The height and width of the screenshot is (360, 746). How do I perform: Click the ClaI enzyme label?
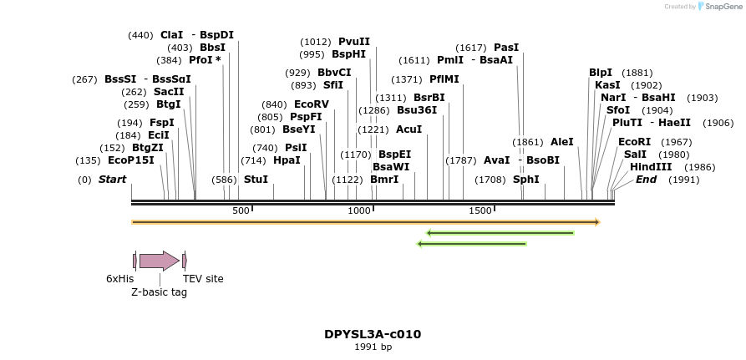[171, 34]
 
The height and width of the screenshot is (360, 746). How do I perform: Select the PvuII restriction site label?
[354, 42]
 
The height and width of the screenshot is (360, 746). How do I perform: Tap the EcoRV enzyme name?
[312, 104]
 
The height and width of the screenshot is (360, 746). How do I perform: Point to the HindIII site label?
[649, 167]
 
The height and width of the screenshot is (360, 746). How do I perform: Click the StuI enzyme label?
[256, 180]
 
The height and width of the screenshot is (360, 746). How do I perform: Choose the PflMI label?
[444, 79]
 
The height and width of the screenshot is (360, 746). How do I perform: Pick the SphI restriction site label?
[525, 180]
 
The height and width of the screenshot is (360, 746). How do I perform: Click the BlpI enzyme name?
[600, 73]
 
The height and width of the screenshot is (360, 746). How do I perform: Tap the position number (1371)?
[407, 79]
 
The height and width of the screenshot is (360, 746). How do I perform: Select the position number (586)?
[224, 180]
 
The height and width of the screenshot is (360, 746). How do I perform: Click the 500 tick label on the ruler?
[241, 211]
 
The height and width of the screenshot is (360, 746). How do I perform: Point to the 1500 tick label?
[480, 211]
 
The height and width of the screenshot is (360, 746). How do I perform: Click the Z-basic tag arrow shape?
[159, 261]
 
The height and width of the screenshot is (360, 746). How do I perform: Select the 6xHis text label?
[119, 279]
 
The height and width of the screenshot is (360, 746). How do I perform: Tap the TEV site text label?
[203, 279]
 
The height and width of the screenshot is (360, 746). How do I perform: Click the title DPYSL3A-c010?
[373, 334]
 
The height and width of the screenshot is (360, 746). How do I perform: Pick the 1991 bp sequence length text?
[373, 347]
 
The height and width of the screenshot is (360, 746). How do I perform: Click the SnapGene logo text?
[722, 7]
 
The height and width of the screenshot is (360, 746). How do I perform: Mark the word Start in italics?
[112, 180]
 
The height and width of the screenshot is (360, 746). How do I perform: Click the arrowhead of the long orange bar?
[596, 222]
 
